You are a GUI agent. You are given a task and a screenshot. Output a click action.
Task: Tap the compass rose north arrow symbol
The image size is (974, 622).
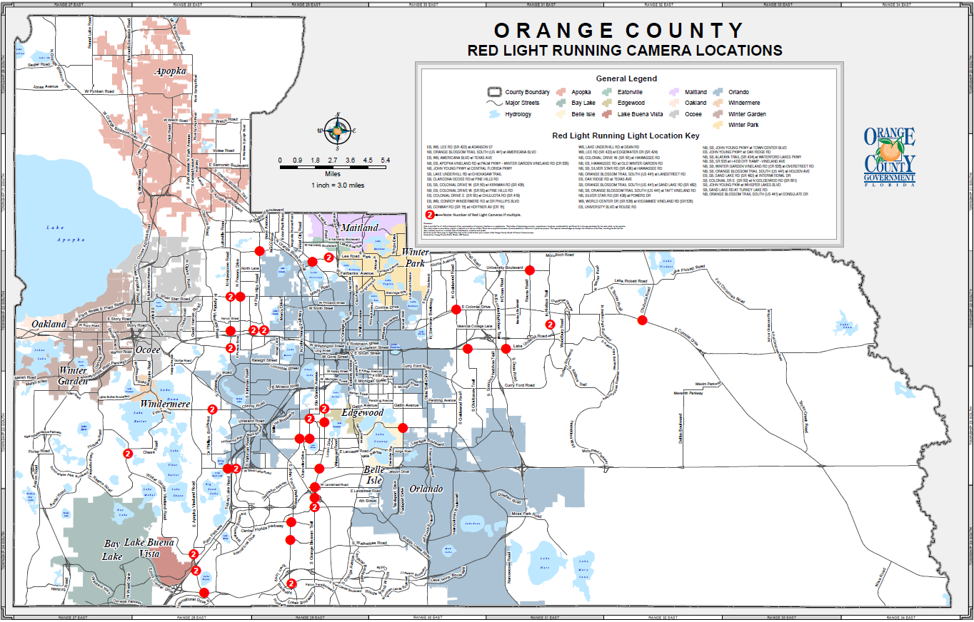point(336,130)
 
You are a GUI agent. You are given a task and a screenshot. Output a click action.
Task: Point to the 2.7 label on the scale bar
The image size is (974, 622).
point(333,160)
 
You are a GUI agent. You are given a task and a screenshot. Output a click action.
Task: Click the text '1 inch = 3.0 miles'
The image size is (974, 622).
point(338,185)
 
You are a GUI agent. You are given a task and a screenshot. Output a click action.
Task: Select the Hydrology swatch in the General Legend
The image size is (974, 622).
point(495,114)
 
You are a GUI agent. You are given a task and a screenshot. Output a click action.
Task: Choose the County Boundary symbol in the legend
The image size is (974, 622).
point(495,92)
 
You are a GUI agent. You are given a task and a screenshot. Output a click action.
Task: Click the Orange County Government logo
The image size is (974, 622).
point(889,158)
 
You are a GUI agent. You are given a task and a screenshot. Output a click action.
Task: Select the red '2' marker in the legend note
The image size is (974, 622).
point(429,214)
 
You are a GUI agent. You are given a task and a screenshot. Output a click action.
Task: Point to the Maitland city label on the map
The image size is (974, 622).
point(360,228)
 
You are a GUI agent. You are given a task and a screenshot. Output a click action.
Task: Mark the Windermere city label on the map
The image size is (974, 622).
point(165,404)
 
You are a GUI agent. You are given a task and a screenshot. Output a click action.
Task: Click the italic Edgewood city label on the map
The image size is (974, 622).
point(363,413)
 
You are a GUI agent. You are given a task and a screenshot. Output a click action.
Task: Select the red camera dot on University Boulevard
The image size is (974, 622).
point(530,270)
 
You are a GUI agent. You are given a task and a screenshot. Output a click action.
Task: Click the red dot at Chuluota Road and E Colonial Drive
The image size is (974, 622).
point(641,321)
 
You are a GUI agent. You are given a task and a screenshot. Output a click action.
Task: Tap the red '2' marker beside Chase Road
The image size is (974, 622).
point(129,453)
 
